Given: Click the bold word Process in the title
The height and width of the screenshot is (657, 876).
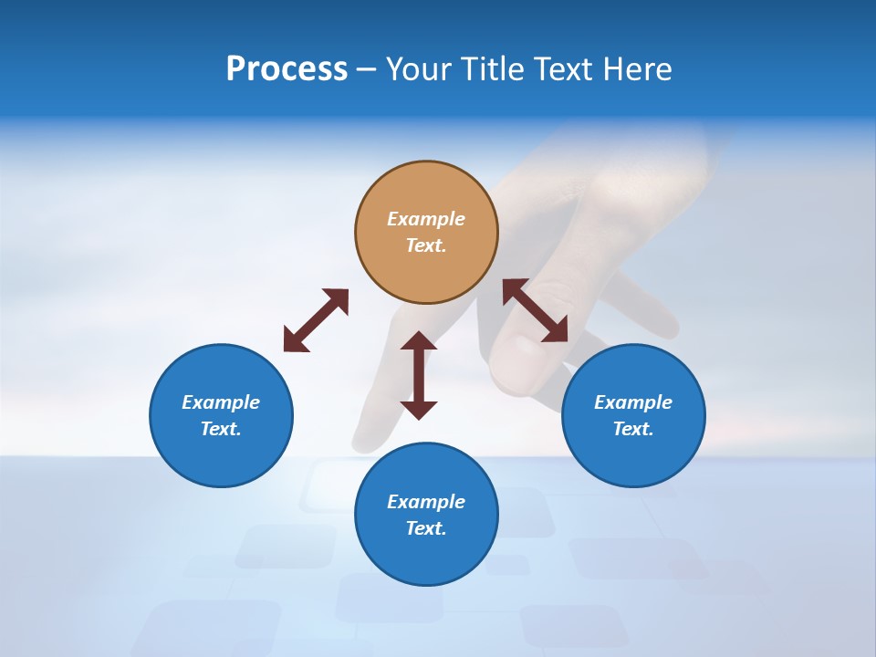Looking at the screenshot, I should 287,69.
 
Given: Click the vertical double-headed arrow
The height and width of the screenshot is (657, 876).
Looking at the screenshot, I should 419,375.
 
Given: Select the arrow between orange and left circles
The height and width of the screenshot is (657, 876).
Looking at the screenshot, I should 316,320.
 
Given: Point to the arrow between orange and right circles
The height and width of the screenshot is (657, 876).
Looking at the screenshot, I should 536,311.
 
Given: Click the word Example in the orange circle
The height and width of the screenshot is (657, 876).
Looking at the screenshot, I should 426,219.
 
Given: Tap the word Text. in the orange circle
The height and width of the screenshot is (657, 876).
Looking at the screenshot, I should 426,246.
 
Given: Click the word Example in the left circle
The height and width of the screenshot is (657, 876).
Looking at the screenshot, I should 221,402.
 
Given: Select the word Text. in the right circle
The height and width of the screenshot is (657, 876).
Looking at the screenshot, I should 633,429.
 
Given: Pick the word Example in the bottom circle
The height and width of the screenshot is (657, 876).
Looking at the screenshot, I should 426,502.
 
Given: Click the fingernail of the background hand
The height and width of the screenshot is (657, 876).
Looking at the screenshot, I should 520,356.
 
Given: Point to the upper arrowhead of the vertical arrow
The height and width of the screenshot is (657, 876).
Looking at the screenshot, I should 419,341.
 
